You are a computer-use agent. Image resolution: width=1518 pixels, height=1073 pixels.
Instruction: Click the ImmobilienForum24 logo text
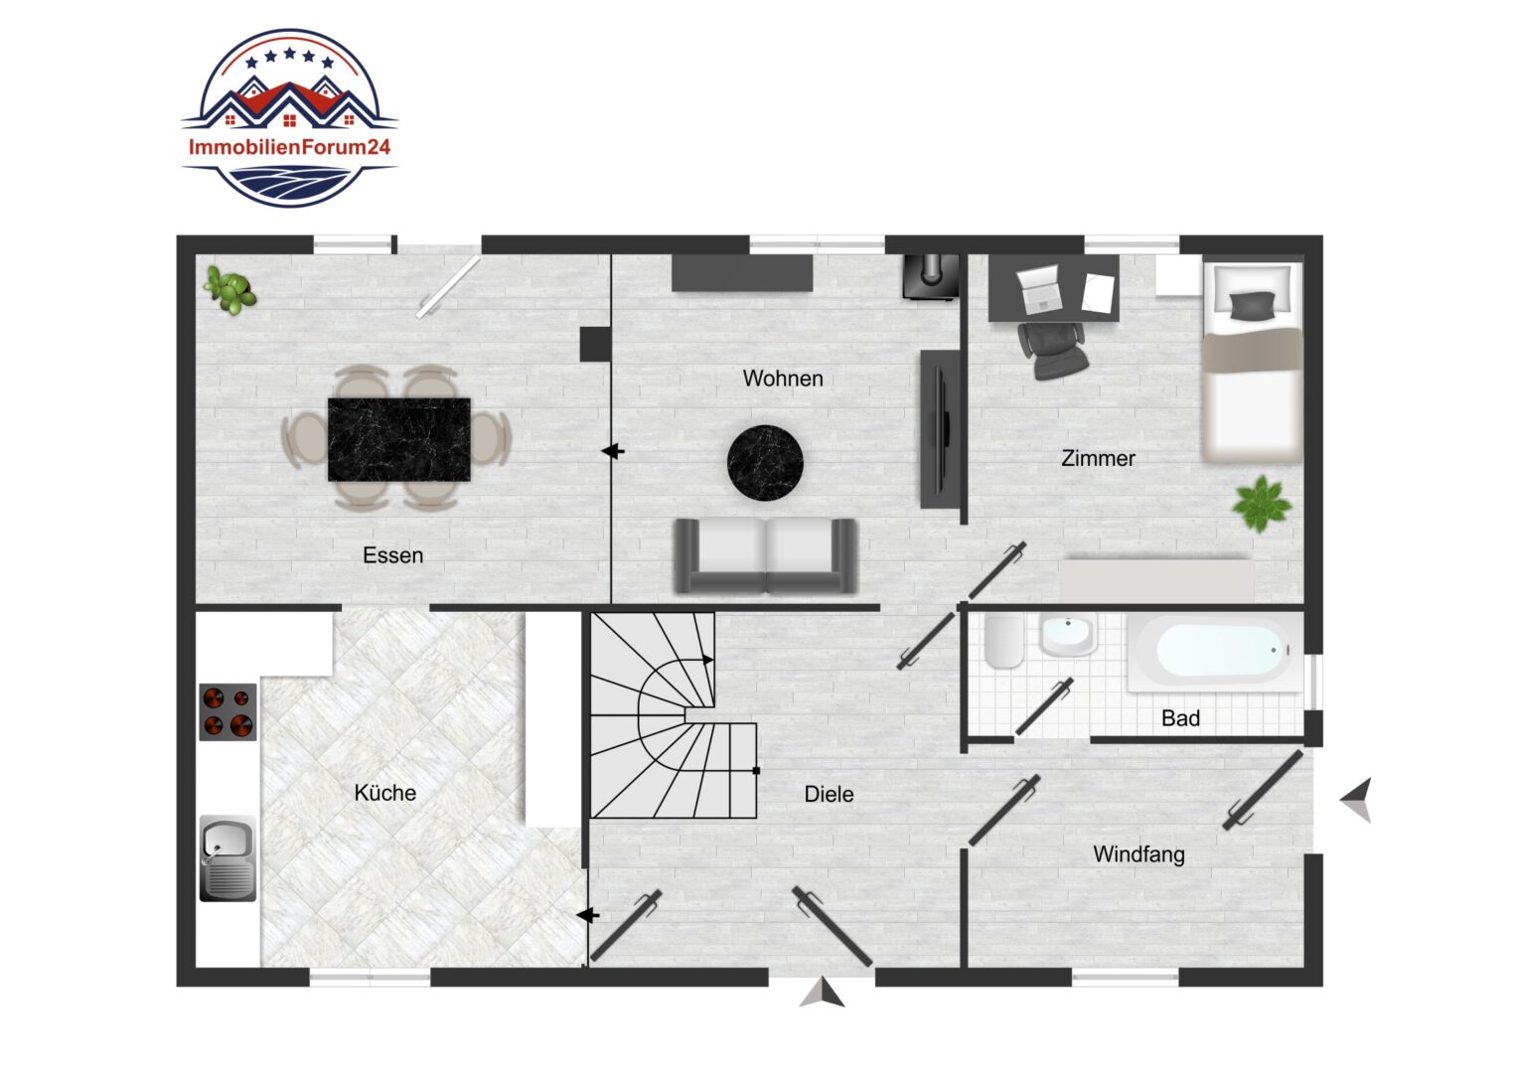click(289, 147)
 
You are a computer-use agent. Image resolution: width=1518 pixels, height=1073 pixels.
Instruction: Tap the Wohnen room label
click(783, 379)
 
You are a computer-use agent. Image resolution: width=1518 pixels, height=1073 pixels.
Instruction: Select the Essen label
click(393, 555)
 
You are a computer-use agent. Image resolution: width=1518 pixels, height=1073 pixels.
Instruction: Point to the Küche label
click(384, 793)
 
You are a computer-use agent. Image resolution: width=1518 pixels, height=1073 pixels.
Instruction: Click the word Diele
click(829, 794)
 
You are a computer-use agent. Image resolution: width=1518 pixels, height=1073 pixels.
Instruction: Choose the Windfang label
click(1139, 854)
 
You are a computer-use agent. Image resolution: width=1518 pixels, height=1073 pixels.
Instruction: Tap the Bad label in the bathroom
click(1180, 718)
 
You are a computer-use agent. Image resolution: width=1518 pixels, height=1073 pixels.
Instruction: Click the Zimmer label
click(1098, 458)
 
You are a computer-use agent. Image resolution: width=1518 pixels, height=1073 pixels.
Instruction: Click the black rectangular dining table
click(399, 439)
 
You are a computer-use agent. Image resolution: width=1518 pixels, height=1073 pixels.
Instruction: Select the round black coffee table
click(765, 463)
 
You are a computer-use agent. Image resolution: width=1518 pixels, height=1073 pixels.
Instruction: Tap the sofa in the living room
click(766, 555)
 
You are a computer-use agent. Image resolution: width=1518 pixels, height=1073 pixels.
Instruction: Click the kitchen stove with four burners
click(228, 711)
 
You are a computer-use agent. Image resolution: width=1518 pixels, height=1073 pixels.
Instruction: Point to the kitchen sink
click(228, 858)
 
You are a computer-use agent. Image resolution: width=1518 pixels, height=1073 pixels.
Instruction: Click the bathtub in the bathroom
click(1215, 652)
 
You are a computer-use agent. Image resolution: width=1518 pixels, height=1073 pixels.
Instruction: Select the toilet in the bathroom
click(1003, 641)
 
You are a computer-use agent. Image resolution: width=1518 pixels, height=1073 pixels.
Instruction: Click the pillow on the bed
click(1251, 305)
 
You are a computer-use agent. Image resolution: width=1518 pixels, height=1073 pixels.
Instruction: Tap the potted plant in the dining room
click(230, 289)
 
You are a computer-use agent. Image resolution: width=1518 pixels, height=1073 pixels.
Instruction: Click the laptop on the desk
click(1038, 289)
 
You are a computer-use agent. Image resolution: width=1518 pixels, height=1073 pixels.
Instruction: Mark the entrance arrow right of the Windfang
click(1357, 800)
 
